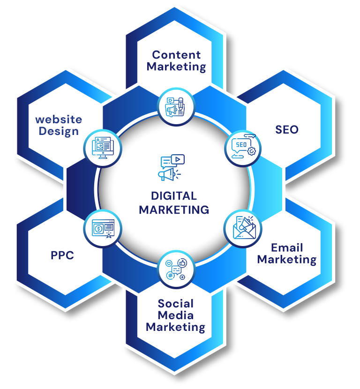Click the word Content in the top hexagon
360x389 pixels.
pyautogui.click(x=176, y=55)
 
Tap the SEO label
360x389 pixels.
pyautogui.click(x=287, y=129)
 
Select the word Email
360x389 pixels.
pyautogui.click(x=287, y=247)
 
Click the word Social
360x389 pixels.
pyautogui.click(x=176, y=303)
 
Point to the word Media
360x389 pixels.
pyautogui.click(x=176, y=315)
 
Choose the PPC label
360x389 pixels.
pyautogui.click(x=62, y=256)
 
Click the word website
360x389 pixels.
pyautogui.click(x=59, y=120)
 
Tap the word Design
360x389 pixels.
pyautogui.click(x=59, y=131)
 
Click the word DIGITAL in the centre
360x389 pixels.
pyautogui.click(x=174, y=196)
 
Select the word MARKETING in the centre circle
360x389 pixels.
pyautogui.click(x=174, y=209)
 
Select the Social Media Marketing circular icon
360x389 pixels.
pyautogui.click(x=175, y=270)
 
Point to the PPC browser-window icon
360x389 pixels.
pyautogui.click(x=103, y=229)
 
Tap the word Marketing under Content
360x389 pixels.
pyautogui.click(x=176, y=67)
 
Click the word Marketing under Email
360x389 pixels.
pyautogui.click(x=287, y=259)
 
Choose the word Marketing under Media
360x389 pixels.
pyautogui.click(x=176, y=327)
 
